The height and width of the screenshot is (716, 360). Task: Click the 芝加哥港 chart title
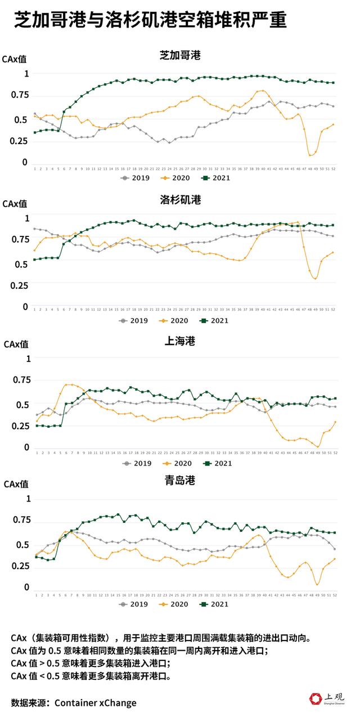tap(180, 55)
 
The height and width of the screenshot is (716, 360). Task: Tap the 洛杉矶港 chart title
tap(180, 200)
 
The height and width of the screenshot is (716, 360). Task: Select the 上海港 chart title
tap(180, 341)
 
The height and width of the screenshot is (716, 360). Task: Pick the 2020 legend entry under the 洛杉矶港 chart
tap(175, 321)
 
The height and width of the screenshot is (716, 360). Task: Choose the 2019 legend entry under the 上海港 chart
tap(135, 463)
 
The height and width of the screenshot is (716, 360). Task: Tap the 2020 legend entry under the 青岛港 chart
tap(175, 605)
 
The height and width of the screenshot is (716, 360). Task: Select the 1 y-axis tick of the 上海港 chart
tap(26, 357)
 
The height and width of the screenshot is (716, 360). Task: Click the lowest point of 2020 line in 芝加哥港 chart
tap(310, 155)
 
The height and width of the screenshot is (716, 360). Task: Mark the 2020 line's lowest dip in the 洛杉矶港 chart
tap(316, 278)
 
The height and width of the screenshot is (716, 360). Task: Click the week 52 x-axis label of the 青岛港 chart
tap(335, 595)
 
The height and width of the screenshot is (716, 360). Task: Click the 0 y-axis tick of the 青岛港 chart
tap(26, 587)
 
